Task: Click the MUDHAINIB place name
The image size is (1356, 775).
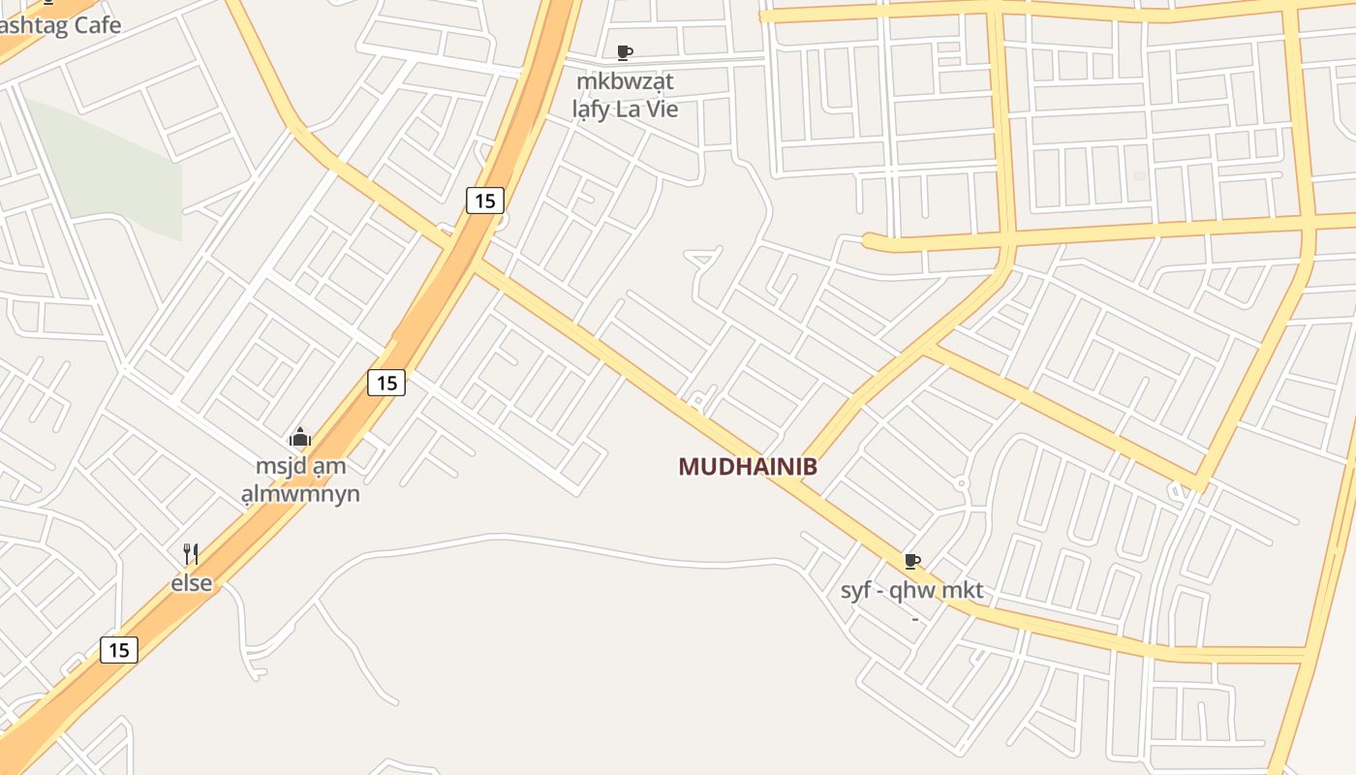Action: click(x=747, y=467)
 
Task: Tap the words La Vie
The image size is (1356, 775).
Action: click(x=647, y=109)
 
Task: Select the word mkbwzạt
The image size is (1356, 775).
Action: click(x=625, y=80)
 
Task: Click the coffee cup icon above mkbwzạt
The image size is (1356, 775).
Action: click(x=625, y=52)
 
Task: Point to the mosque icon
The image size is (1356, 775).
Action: click(x=300, y=438)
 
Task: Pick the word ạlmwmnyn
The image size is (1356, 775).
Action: click(x=300, y=494)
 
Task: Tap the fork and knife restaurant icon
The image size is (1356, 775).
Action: click(x=191, y=554)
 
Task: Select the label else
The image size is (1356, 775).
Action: click(x=191, y=583)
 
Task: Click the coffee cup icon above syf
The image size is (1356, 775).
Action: click(x=911, y=561)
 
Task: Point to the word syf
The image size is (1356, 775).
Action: click(x=857, y=590)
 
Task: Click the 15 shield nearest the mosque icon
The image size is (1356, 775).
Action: click(x=386, y=383)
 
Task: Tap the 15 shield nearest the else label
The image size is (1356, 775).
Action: click(x=119, y=649)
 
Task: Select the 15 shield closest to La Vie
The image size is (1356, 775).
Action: click(x=485, y=201)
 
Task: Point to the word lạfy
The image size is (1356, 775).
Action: click(x=591, y=109)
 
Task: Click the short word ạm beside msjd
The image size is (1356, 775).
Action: click(x=329, y=466)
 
